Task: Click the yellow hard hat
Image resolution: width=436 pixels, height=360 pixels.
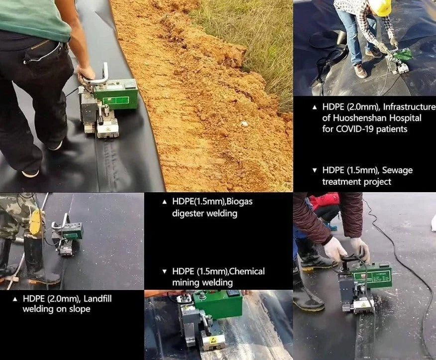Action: click(380, 6)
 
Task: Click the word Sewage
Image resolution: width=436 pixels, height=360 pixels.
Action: click(397, 170)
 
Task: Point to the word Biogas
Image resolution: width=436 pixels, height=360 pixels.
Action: click(239, 202)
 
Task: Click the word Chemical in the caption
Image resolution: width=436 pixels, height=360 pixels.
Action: click(247, 271)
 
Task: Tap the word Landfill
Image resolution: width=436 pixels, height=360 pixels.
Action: click(98, 299)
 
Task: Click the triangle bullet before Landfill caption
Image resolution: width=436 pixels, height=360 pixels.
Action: click(15, 299)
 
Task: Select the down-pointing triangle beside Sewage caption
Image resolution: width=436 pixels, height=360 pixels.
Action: click(315, 170)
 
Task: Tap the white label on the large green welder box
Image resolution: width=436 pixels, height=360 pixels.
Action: click(115, 101)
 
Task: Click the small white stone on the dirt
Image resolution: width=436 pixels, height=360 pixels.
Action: click(244, 122)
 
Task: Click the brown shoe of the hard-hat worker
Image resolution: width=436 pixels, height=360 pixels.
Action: click(360, 71)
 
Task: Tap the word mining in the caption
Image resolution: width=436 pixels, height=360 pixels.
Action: click(186, 283)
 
